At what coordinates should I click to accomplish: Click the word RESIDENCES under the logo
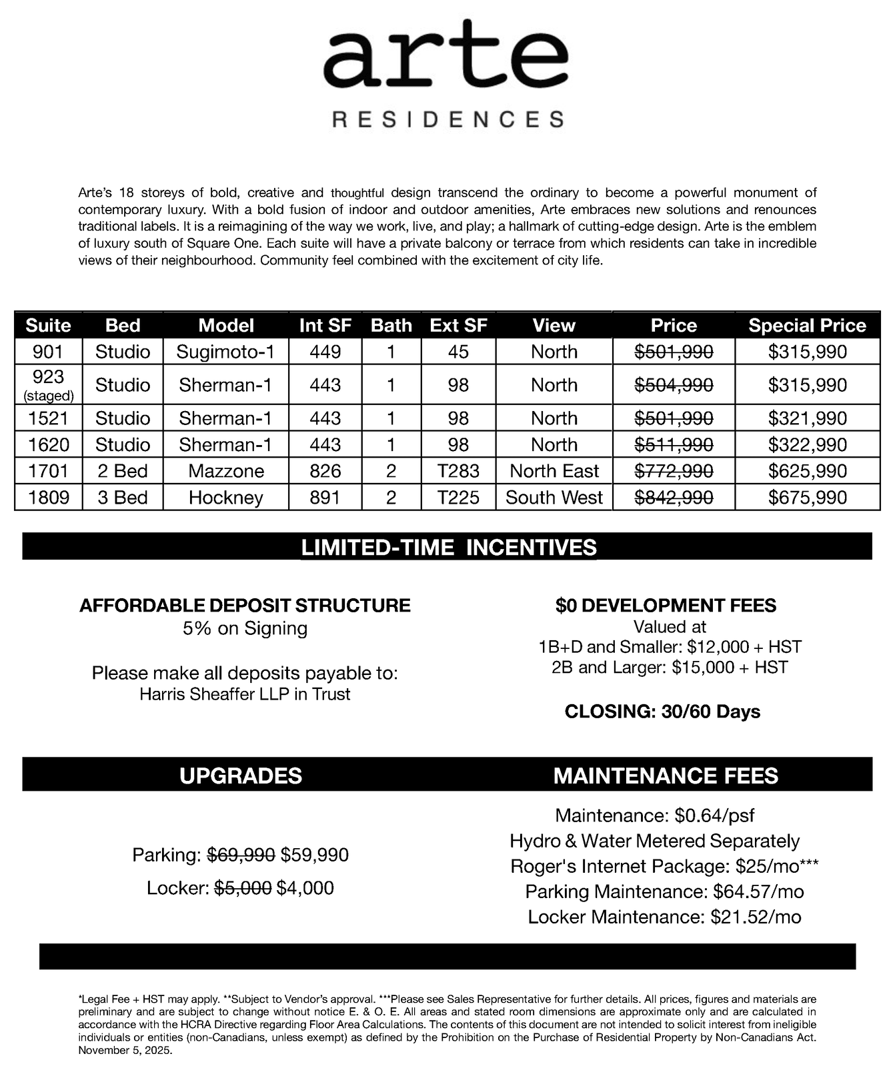pyautogui.click(x=447, y=120)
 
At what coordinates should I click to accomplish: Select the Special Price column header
pyautogui.click(x=807, y=325)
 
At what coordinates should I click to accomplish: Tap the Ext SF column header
pyautogui.click(x=458, y=325)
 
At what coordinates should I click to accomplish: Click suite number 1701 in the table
pyautogui.click(x=48, y=471)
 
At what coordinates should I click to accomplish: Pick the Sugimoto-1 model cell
pyautogui.click(x=225, y=352)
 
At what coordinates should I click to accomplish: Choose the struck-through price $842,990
pyautogui.click(x=674, y=498)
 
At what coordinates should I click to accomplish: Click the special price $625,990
pyautogui.click(x=807, y=471)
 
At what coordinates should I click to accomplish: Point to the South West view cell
pyautogui.click(x=554, y=498)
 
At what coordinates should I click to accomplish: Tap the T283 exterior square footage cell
pyautogui.click(x=458, y=471)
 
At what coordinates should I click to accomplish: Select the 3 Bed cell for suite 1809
pyautogui.click(x=123, y=498)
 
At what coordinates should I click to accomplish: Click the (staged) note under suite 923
pyautogui.click(x=48, y=396)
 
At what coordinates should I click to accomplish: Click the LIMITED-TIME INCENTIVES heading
pyautogui.click(x=448, y=548)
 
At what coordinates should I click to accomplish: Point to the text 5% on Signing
pyautogui.click(x=245, y=628)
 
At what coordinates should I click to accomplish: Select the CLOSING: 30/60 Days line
pyautogui.click(x=662, y=712)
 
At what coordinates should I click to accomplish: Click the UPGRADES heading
pyautogui.click(x=241, y=776)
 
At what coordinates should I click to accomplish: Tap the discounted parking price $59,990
pyautogui.click(x=314, y=855)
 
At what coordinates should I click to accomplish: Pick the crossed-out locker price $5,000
pyautogui.click(x=243, y=888)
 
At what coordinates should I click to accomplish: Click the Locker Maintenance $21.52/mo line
pyautogui.click(x=664, y=917)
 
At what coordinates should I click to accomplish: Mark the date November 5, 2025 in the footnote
pyautogui.click(x=125, y=1051)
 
